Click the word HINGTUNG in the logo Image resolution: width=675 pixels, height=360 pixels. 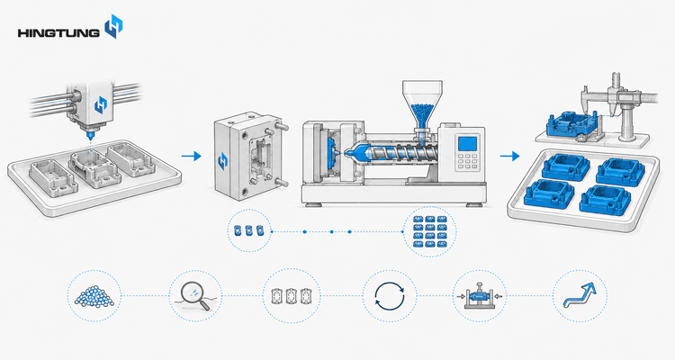click(58, 32)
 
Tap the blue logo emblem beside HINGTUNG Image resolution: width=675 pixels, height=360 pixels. click(114, 26)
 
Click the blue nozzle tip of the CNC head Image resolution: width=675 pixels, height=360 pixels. click(90, 137)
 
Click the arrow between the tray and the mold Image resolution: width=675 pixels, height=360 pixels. click(191, 156)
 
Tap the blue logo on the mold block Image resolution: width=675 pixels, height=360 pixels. click(222, 160)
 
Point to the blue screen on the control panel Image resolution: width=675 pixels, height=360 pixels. click(468, 144)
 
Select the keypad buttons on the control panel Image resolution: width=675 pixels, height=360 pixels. click(467, 162)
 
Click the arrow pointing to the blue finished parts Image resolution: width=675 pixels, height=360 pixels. click(509, 156)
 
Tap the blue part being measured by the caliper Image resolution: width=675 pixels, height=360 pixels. click(571, 124)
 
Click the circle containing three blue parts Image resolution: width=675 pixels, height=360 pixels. click(248, 230)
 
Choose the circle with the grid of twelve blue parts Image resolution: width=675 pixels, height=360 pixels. click(429, 231)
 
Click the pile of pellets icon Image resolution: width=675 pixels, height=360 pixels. click(94, 296)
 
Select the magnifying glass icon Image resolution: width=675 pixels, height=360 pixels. click(195, 295)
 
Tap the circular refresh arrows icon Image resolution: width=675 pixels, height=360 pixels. click(390, 296)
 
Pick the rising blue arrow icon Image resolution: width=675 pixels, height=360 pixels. click(580, 296)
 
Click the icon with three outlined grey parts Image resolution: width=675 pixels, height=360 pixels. click(292, 296)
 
